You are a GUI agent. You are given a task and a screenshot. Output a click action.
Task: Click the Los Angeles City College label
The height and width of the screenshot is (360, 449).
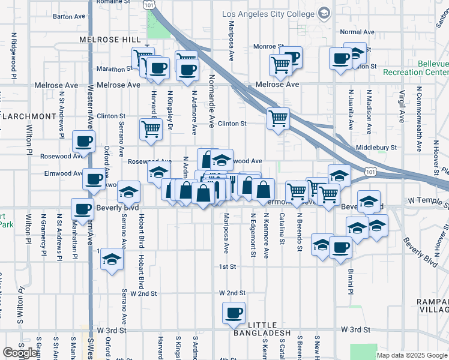(x=268, y=14)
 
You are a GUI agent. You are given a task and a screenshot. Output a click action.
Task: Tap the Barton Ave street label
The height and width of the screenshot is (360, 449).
(x=67, y=17)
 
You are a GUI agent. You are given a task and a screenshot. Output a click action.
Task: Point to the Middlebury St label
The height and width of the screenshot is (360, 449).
(x=376, y=147)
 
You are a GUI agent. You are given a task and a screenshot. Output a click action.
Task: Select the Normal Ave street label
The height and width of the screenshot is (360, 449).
(x=357, y=32)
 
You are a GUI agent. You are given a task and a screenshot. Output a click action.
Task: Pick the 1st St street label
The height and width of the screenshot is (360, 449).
(x=228, y=266)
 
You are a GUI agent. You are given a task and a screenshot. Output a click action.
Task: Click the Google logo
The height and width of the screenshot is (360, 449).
(x=20, y=353)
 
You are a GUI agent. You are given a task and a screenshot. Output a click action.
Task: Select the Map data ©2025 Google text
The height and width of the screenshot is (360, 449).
(x=412, y=355)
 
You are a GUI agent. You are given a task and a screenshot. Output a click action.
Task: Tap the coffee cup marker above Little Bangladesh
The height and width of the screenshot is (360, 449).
(x=234, y=313)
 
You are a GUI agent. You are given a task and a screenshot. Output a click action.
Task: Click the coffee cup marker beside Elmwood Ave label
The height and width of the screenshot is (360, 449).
(x=93, y=178)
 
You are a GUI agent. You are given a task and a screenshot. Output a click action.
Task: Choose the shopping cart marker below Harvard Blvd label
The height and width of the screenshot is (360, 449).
(x=151, y=128)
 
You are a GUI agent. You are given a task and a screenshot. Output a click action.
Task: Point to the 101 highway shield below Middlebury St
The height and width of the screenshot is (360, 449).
(x=371, y=172)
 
